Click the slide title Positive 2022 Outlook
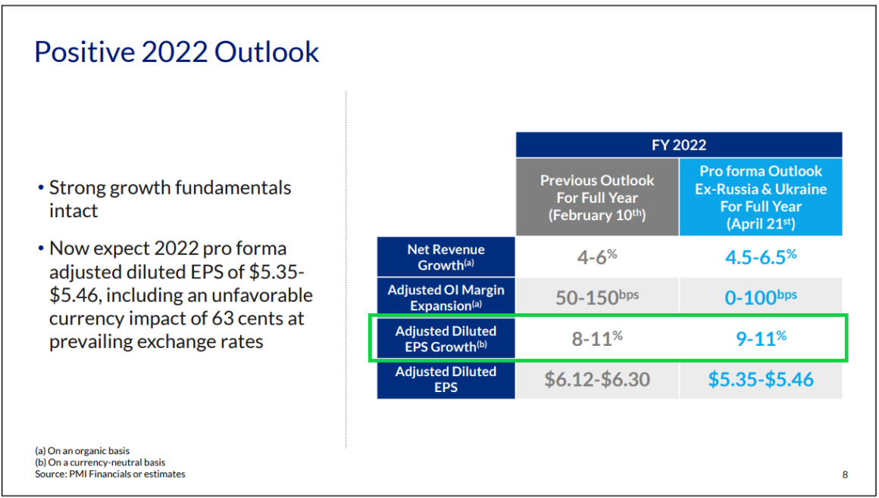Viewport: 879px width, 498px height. click(177, 53)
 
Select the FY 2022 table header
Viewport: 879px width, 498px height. click(679, 145)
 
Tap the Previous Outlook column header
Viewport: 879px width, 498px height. click(597, 198)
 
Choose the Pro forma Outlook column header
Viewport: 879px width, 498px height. click(761, 198)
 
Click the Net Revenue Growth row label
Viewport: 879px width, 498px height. click(446, 257)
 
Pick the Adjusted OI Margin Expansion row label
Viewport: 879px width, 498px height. click(446, 297)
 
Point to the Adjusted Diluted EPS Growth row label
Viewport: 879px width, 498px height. click(446, 338)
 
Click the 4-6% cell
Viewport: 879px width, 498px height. click(597, 257)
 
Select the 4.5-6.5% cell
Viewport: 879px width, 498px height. click(761, 257)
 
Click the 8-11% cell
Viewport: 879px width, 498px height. click(597, 338)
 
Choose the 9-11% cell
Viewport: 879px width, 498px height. click(761, 338)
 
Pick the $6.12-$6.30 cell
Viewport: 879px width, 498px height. click(597, 379)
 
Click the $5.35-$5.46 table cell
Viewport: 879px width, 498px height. click(761, 379)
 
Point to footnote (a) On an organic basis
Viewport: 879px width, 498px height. click(82, 451)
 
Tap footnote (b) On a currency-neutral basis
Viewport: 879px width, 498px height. click(100, 462)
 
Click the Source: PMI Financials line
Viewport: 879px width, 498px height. click(110, 474)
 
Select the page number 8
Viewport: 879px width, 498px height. click(845, 475)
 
